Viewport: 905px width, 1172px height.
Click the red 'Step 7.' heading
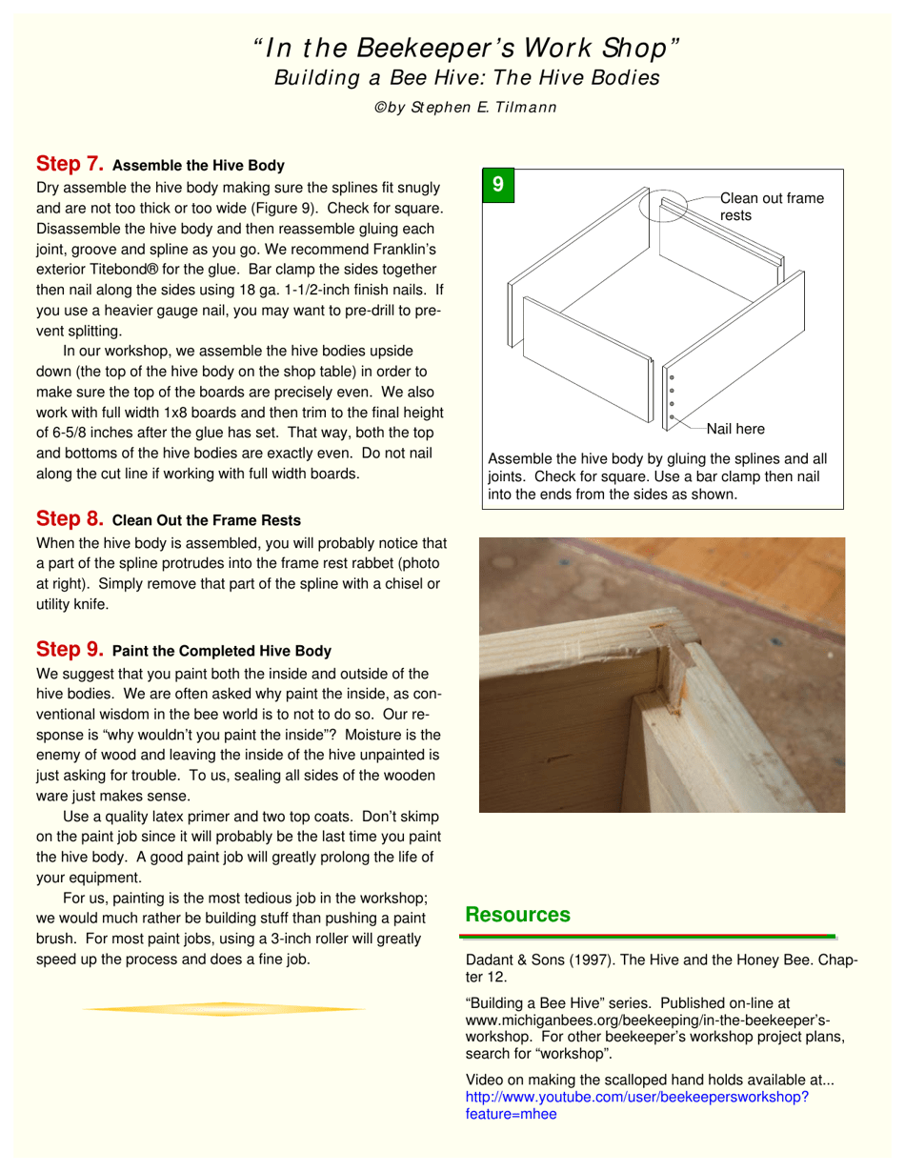pos(70,164)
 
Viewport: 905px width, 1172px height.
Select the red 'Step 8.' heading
pos(70,519)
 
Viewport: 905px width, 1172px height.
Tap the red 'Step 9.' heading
pos(70,650)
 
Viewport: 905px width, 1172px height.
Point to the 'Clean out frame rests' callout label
pos(771,207)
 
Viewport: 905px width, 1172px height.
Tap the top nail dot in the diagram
pos(673,377)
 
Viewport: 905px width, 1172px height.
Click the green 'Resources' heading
pos(517,915)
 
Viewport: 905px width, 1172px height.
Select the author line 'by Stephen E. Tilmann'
pos(466,108)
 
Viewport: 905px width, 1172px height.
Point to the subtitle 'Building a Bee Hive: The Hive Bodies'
pos(467,77)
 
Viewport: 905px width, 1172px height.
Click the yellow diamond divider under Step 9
pos(224,1008)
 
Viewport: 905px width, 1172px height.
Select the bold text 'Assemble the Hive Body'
pos(198,166)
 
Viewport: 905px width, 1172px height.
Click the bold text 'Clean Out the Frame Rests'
pos(206,521)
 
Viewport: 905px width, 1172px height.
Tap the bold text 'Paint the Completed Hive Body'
pos(221,652)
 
